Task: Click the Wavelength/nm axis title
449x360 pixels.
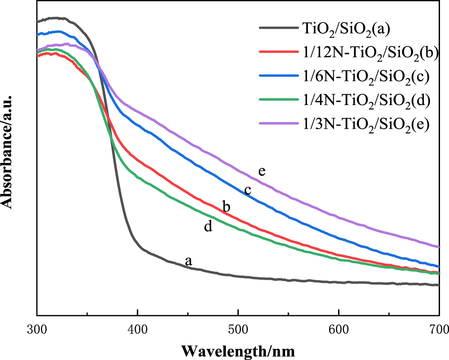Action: coord(238,349)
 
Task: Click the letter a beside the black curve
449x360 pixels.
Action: coord(189,261)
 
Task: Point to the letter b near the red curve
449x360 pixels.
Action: coord(227,207)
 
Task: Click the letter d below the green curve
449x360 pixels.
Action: coord(208,227)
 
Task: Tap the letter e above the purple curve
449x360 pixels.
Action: coord(262,171)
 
